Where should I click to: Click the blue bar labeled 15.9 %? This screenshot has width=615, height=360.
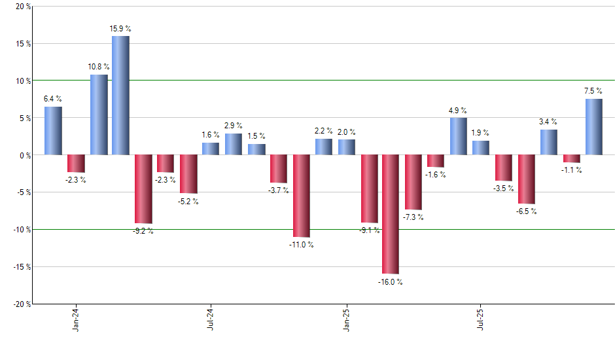[120, 96]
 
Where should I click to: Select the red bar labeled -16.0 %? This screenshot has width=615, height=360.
[391, 214]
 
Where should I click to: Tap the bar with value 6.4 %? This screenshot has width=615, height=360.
[53, 131]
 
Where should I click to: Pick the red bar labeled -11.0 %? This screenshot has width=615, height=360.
[301, 196]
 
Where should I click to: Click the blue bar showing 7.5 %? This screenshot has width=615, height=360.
[593, 127]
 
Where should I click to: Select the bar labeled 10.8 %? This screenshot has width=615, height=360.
[99, 115]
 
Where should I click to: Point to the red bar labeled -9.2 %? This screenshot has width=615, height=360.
[143, 189]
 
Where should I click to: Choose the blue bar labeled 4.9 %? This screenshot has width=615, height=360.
[459, 136]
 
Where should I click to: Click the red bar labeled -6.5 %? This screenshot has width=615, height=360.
[526, 179]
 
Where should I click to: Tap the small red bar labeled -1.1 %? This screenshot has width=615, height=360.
[571, 159]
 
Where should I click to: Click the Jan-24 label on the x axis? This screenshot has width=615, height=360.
[77, 318]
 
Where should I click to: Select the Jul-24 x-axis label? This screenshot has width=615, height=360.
[211, 318]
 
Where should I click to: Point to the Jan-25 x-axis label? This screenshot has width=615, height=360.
[346, 318]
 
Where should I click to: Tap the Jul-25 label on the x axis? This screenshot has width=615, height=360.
[481, 318]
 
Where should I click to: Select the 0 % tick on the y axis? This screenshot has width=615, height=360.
[25, 156]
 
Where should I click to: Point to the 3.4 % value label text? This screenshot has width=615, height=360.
[548, 121]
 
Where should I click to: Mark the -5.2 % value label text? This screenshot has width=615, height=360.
[188, 202]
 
